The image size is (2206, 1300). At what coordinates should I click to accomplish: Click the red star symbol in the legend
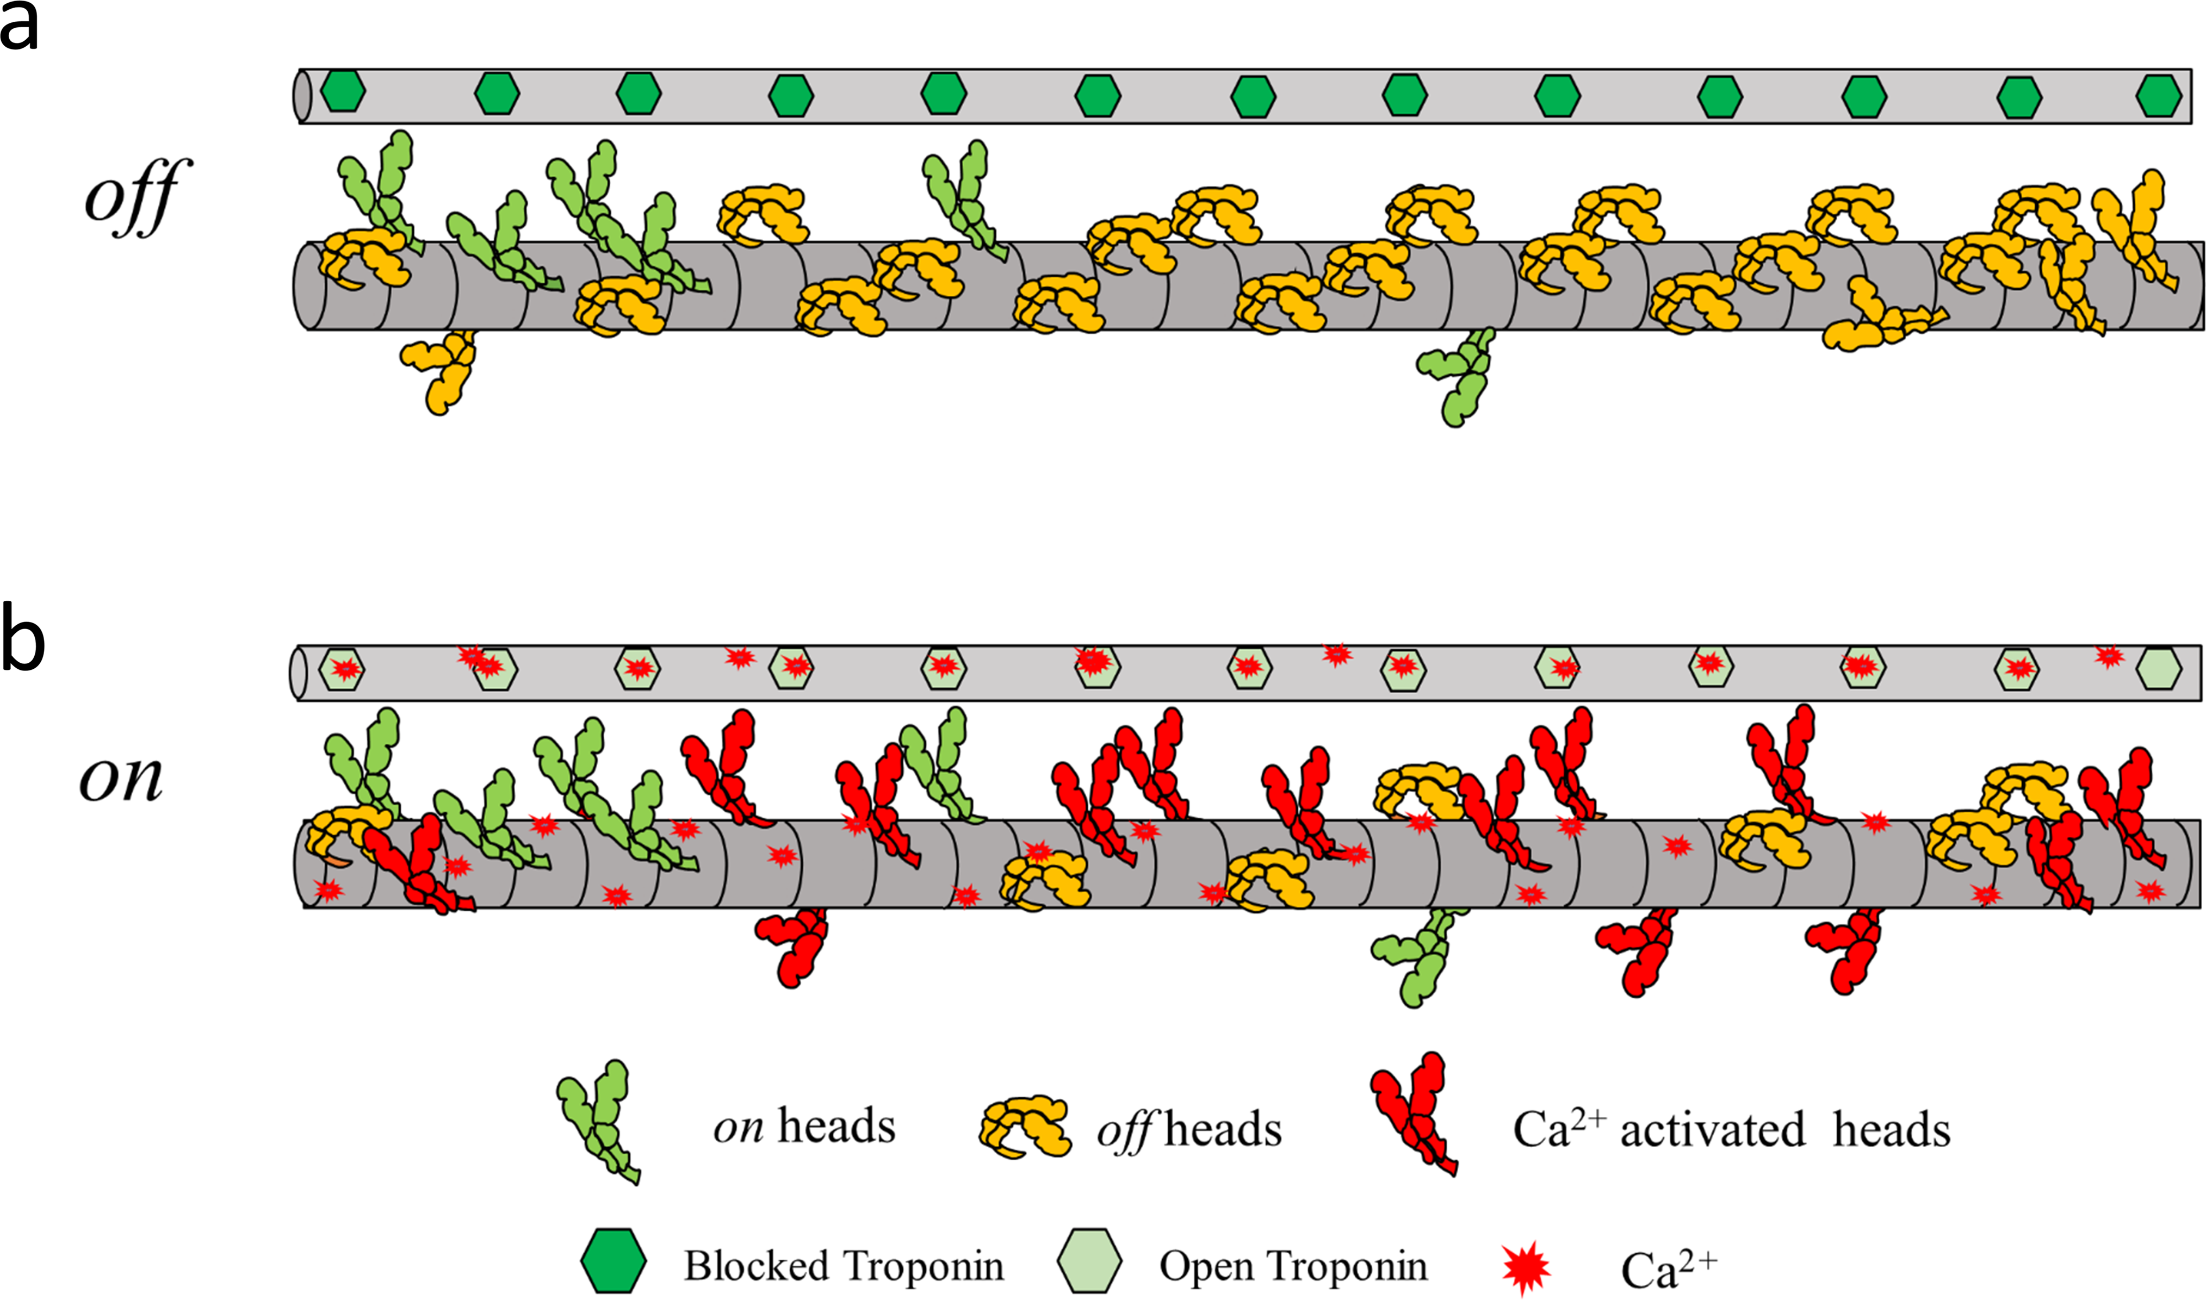click(1525, 1266)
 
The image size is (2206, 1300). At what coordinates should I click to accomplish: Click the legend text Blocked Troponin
click(844, 1266)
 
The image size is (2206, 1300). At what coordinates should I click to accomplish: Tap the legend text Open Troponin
click(1293, 1266)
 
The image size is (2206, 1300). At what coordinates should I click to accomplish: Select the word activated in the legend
click(1713, 1130)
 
